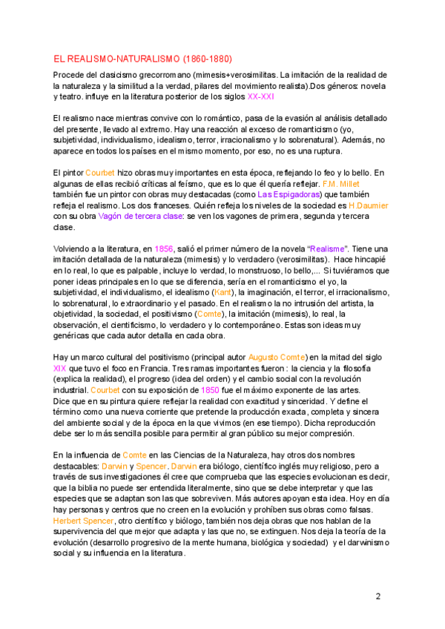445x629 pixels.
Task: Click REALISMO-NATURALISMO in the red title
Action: (121, 58)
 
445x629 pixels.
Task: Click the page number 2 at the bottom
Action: (378, 596)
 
